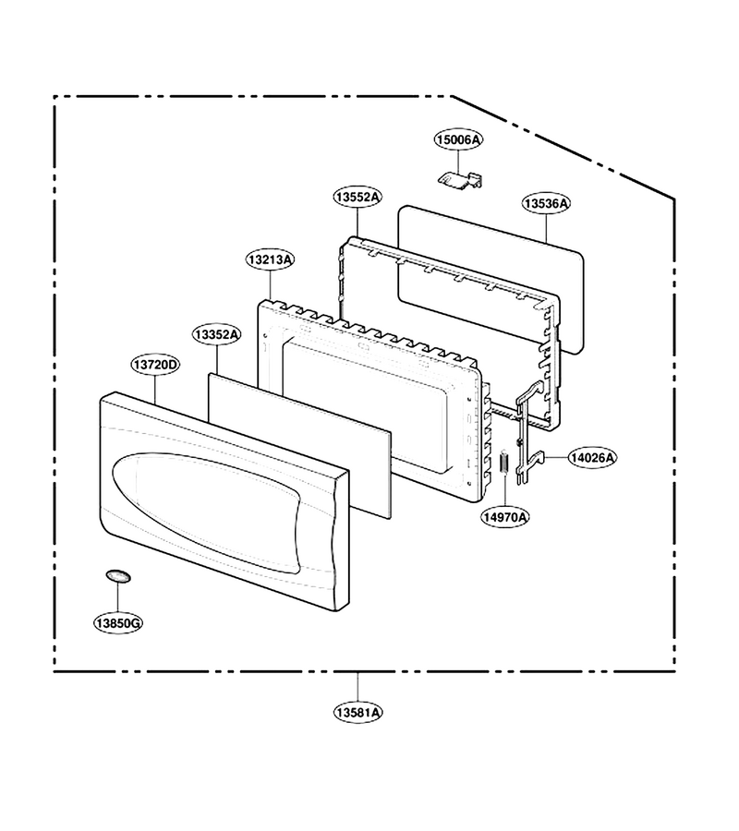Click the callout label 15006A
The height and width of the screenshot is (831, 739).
pyautogui.click(x=458, y=140)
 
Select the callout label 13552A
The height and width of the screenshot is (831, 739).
pyautogui.click(x=357, y=198)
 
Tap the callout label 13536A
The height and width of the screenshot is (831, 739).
pyautogui.click(x=546, y=203)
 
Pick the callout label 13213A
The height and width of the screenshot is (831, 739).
pyautogui.click(x=271, y=259)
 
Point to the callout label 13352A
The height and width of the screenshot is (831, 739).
pyautogui.click(x=216, y=335)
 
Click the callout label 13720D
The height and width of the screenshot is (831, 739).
pyautogui.click(x=155, y=365)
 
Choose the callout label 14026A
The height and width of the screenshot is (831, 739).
pyautogui.click(x=593, y=457)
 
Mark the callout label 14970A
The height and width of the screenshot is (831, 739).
pyautogui.click(x=505, y=517)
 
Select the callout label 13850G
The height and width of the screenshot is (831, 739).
pyautogui.click(x=118, y=623)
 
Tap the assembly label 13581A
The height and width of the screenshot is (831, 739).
pyautogui.click(x=357, y=713)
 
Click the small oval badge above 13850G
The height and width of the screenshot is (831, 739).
pyautogui.click(x=117, y=576)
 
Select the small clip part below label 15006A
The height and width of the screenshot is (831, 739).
pyautogui.click(x=460, y=179)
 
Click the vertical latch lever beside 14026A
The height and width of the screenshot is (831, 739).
pyautogui.click(x=525, y=435)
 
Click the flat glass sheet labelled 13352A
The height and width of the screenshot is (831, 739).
pyautogui.click(x=299, y=446)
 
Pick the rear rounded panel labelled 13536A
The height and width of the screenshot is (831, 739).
pyautogui.click(x=491, y=279)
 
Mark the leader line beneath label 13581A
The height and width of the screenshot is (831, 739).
pyautogui.click(x=357, y=687)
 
